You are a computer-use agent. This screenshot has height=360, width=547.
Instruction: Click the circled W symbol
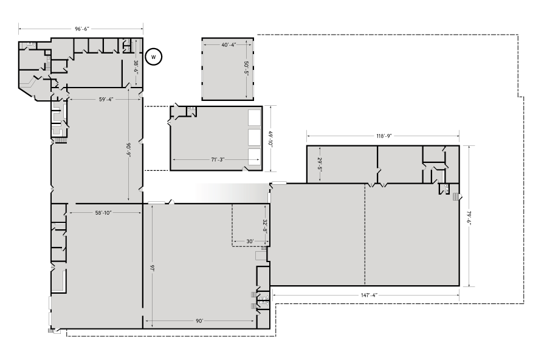[154, 57]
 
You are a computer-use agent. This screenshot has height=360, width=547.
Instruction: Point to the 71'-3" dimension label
[218, 159]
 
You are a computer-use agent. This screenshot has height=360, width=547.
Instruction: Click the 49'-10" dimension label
[270, 138]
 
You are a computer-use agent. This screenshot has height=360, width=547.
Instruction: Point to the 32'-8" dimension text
[265, 226]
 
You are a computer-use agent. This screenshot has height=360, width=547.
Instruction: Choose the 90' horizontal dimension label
[199, 320]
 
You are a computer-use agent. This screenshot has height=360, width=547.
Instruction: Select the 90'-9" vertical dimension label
[129, 150]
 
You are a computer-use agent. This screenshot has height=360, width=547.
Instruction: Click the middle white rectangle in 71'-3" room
[253, 136]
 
